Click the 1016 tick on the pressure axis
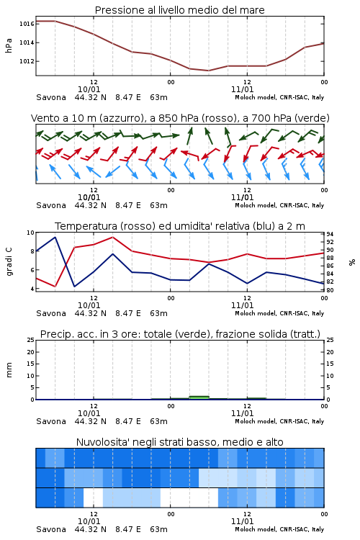(x=27, y=24)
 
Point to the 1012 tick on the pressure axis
(x=27, y=61)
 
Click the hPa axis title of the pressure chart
(x=9, y=45)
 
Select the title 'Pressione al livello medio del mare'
(x=180, y=10)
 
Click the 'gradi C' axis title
(x=9, y=261)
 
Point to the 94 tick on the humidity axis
(x=330, y=234)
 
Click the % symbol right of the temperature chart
(x=352, y=262)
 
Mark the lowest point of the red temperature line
(x=55, y=286)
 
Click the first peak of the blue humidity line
(x=55, y=237)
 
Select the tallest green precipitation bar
(x=199, y=397)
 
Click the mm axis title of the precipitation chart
(x=9, y=370)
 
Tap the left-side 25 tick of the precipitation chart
(x=31, y=340)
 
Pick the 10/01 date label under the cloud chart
(x=89, y=521)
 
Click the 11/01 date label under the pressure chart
(x=243, y=89)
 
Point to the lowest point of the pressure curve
(x=208, y=71)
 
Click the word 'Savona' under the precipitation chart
(x=51, y=421)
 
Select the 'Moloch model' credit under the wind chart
(x=256, y=205)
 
